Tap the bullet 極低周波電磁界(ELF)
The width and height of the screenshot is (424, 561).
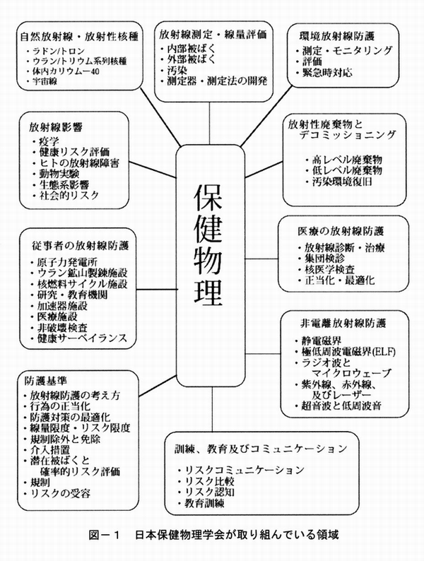343,350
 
